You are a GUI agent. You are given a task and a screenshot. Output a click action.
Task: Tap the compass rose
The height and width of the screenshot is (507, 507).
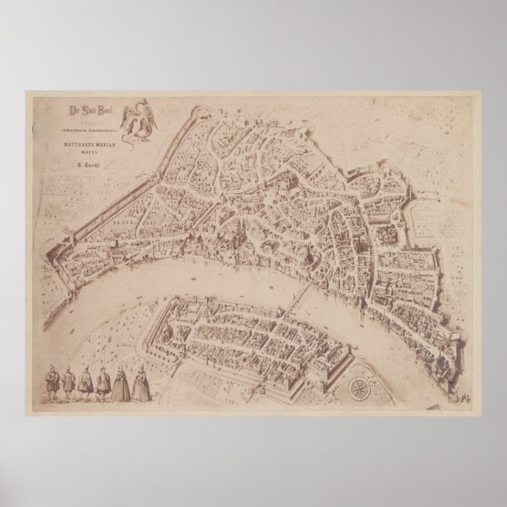point(357,388)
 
